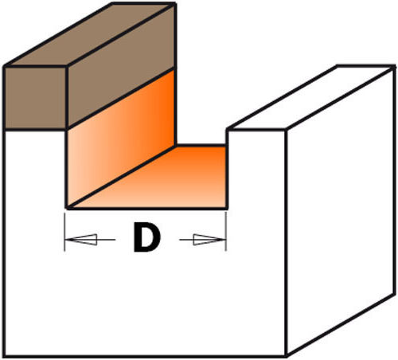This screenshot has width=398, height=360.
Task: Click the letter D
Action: coord(146,237)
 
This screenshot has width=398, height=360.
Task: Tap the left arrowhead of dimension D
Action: coord(81,240)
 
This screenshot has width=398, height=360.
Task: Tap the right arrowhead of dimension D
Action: coord(209,240)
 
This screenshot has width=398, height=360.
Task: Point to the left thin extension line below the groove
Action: coord(64,232)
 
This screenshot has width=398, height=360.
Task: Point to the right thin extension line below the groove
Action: coord(226,232)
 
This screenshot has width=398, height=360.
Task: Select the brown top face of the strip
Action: coord(90,34)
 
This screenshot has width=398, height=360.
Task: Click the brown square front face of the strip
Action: coord(36,98)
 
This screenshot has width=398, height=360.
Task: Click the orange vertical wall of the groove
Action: coord(121,138)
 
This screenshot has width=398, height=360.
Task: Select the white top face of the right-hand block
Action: coord(310,98)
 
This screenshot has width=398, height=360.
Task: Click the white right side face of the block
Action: coord(341,209)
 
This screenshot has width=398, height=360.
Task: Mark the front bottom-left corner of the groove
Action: coord(67,208)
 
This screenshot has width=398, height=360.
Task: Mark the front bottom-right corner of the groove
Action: coord(227,208)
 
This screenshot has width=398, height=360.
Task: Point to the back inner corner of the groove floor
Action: coord(176,146)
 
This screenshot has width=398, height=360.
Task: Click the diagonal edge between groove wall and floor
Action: coord(121,177)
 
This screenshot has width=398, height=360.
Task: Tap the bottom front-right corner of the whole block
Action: coord(286,356)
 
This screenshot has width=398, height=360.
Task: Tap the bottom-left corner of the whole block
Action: coord(4,356)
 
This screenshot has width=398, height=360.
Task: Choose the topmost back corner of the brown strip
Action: coord(174,4)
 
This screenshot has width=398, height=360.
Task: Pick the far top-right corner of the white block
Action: coord(394,66)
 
